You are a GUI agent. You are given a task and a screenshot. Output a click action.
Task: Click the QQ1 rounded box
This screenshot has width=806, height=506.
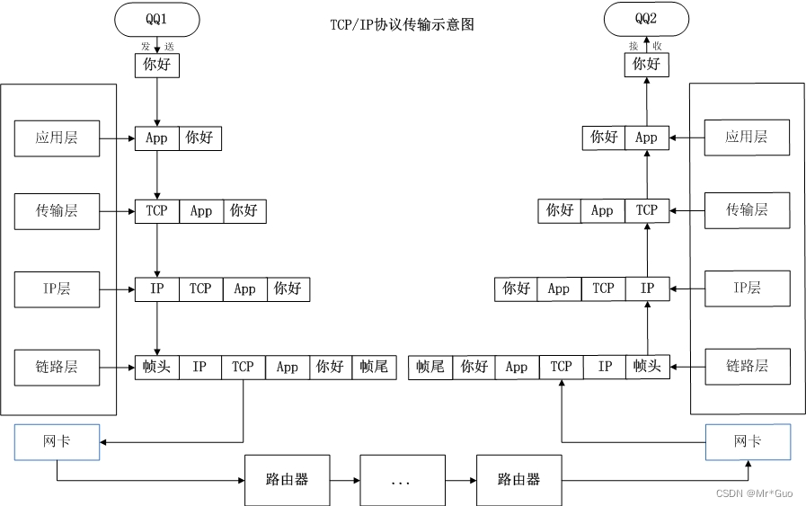point(157,19)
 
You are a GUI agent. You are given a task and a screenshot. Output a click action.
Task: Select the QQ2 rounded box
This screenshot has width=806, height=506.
point(646,18)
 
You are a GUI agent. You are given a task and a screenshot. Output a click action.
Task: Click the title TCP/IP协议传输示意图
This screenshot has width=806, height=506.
point(402,24)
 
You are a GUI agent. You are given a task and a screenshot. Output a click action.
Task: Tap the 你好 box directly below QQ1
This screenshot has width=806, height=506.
point(157,65)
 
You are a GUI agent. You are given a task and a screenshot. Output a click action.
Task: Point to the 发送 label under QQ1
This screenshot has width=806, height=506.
point(157,46)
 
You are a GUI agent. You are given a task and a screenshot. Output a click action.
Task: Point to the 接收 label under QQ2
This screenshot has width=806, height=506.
point(645,46)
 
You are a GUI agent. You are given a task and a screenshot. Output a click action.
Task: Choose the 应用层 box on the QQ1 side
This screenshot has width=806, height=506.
point(58,138)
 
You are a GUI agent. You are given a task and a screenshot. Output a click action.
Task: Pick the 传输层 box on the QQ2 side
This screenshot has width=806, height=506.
point(747,210)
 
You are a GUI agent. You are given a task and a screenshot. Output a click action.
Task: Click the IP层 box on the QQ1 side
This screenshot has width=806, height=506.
point(58,289)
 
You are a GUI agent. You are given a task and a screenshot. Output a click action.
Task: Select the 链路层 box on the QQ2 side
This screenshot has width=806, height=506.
point(747,367)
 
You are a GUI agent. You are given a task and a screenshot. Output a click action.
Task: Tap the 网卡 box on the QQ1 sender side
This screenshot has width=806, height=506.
point(58,442)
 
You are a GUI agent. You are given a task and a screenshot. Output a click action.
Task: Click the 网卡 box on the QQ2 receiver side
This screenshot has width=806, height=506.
point(748,442)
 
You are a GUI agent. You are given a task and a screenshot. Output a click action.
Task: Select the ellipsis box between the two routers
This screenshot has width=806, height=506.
point(402,481)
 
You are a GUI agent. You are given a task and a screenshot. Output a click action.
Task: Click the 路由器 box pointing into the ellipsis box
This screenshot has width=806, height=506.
point(288,480)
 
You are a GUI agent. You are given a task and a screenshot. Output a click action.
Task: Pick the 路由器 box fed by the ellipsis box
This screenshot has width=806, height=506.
point(518,480)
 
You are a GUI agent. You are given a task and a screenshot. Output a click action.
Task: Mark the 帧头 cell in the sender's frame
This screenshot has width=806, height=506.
point(157,367)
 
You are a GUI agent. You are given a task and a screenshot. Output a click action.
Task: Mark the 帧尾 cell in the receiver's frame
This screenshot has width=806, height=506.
point(430,367)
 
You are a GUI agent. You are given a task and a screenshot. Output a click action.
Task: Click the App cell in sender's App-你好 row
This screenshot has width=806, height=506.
point(157,138)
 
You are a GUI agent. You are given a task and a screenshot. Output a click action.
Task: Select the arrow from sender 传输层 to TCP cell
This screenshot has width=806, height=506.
point(117,211)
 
